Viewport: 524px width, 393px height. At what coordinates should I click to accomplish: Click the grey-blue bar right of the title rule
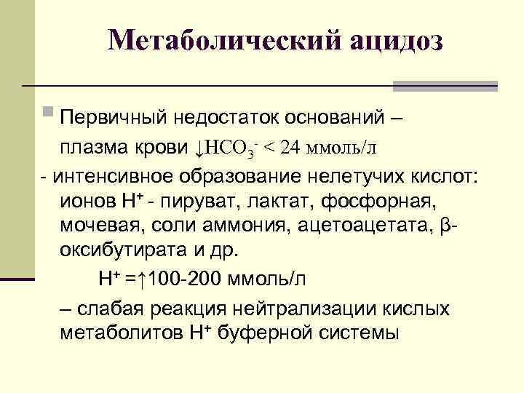point(445,86)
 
